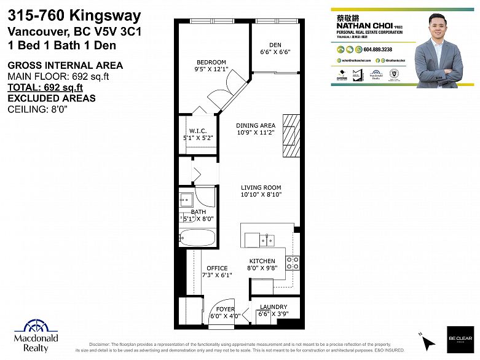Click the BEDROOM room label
click(x=211, y=62)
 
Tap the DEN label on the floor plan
click(x=275, y=44)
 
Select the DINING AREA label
click(x=256, y=126)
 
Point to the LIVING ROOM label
click(x=261, y=187)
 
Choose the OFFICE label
click(x=217, y=268)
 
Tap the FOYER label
click(x=226, y=309)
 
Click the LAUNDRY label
click(x=273, y=307)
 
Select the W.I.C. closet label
click(x=197, y=130)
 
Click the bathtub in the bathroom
click(x=197, y=237)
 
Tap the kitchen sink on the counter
click(x=267, y=239)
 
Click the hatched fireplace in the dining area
click(x=290, y=136)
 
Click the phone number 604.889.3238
click(x=378, y=49)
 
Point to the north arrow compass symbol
click(x=427, y=340)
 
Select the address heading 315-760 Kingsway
click(x=74, y=16)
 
